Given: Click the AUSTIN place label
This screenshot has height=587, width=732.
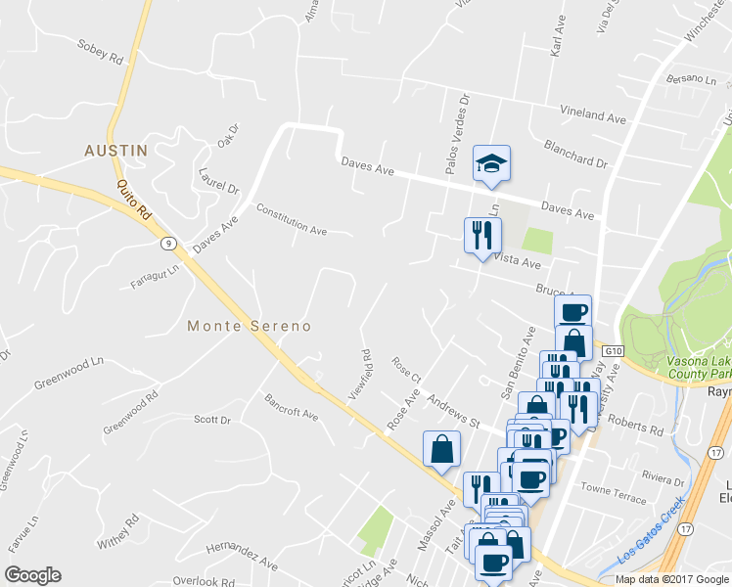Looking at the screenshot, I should pyautogui.click(x=115, y=151).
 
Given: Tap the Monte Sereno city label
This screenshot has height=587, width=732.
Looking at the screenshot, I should pyautogui.click(x=249, y=326).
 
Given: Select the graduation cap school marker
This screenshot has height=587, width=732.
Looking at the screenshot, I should pyautogui.click(x=492, y=164).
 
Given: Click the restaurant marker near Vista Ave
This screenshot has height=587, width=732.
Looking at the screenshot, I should pyautogui.click(x=481, y=236).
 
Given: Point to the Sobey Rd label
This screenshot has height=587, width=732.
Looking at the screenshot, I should pyautogui.click(x=101, y=58).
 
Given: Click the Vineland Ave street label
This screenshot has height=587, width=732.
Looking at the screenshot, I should pyautogui.click(x=593, y=115).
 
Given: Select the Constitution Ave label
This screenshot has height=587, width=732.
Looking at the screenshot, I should pyautogui.click(x=292, y=220).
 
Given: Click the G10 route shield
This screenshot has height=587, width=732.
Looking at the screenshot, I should pyautogui.click(x=614, y=350).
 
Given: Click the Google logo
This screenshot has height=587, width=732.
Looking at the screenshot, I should pyautogui.click(x=33, y=574).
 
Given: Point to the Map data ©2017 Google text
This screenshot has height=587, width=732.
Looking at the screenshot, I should pyautogui.click(x=671, y=579).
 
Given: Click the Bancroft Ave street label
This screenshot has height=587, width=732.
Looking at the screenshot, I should pyautogui.click(x=292, y=408).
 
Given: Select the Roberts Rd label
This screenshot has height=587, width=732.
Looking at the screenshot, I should pyautogui.click(x=634, y=422).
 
